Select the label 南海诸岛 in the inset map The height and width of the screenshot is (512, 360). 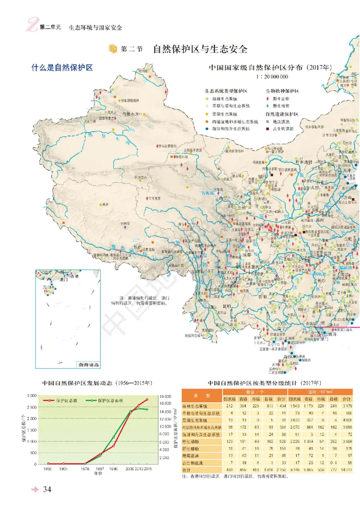click(x=88, y=365)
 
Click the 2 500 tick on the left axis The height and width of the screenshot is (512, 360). click(x=31, y=407)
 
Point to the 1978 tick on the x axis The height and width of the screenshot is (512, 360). click(x=85, y=469)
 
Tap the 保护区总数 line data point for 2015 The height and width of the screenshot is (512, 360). click(x=147, y=400)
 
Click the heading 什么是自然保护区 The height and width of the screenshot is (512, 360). click(x=62, y=68)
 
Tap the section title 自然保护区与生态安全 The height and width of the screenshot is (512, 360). click(x=200, y=49)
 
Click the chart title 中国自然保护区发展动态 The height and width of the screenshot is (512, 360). click(x=97, y=383)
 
